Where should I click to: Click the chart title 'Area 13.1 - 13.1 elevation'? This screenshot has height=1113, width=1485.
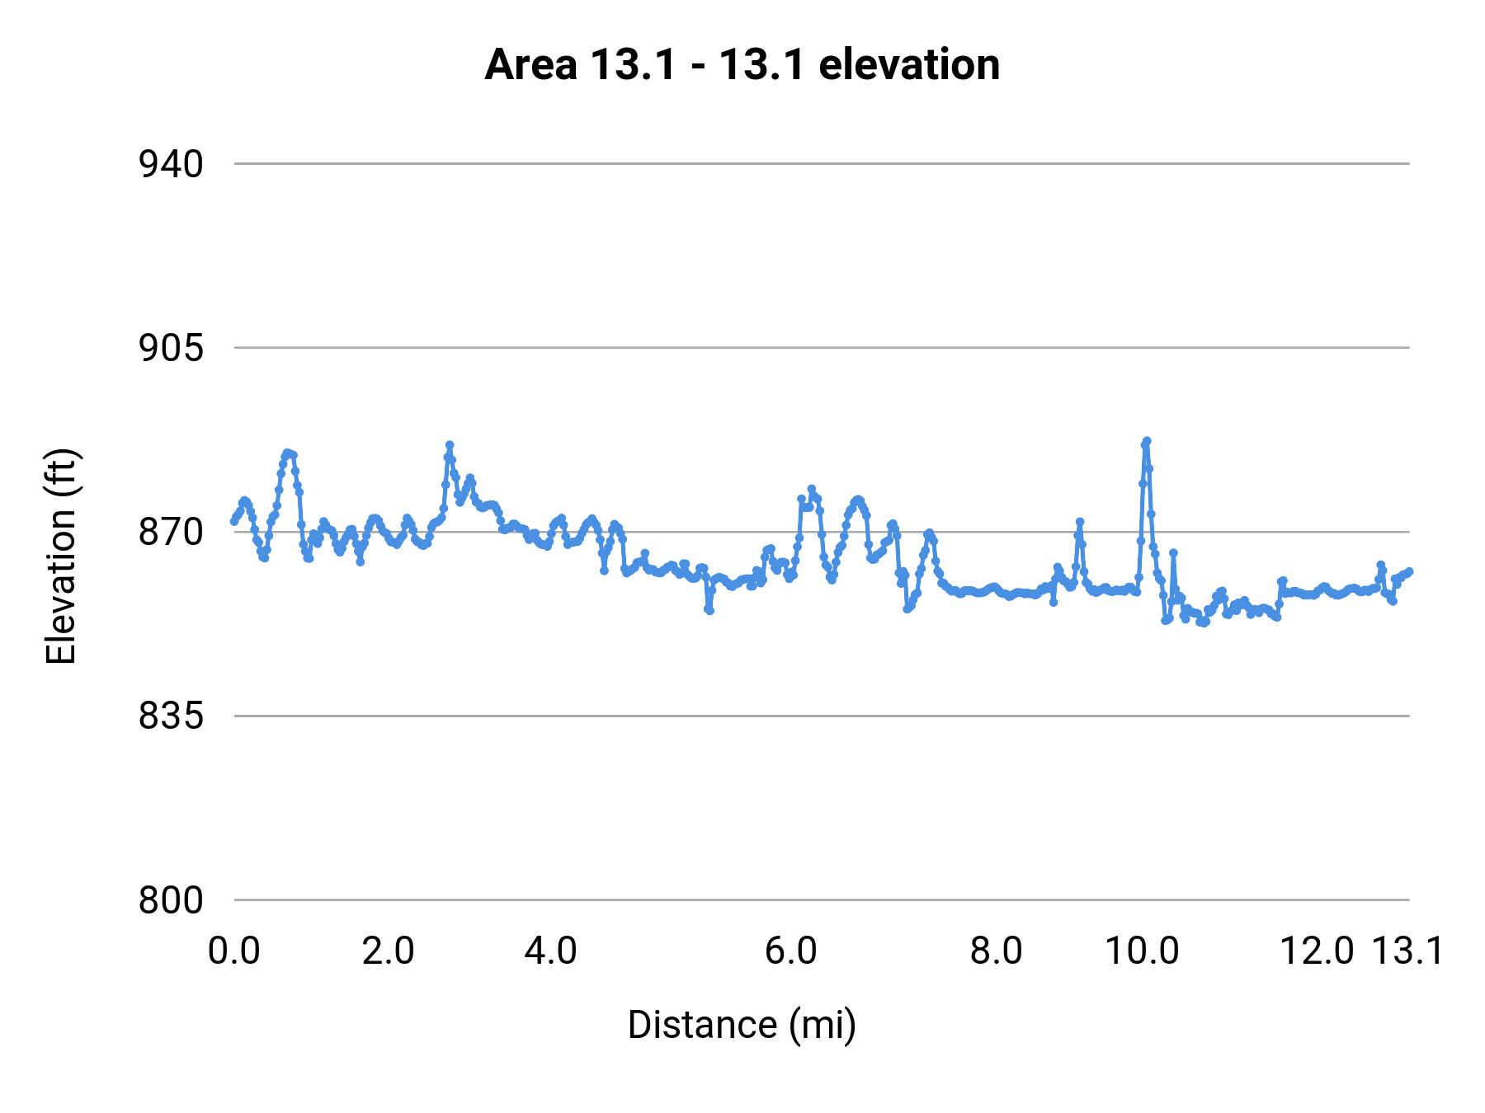point(742,65)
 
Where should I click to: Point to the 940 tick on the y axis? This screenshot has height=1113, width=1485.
point(171,164)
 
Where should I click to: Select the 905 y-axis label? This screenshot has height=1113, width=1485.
point(171,348)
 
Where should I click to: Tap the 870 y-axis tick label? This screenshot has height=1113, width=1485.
point(171,533)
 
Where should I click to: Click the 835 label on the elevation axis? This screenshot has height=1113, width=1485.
point(171,716)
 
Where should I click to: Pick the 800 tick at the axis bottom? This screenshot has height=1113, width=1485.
point(171,900)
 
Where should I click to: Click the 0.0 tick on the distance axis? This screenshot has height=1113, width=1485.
point(234,951)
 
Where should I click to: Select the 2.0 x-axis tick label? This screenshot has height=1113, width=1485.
point(388,951)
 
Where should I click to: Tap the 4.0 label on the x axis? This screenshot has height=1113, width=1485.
point(550,951)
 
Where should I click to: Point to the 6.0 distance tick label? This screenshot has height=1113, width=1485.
point(790,951)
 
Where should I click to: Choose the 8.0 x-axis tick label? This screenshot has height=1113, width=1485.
point(996,951)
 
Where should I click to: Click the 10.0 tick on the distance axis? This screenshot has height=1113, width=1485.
point(1142,951)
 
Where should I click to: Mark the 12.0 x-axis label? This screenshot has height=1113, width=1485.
point(1317,951)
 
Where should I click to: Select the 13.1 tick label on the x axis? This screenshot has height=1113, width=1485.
point(1407,951)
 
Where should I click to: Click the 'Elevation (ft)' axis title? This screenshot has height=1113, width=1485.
point(61,556)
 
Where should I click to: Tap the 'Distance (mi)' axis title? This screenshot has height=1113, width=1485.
point(742,1025)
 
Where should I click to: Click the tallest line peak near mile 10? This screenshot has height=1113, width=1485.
point(1147,441)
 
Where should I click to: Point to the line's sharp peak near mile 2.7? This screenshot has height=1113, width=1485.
point(450,445)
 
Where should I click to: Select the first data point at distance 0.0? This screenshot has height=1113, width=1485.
point(234,521)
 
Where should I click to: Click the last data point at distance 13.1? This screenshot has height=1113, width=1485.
point(1409,571)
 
